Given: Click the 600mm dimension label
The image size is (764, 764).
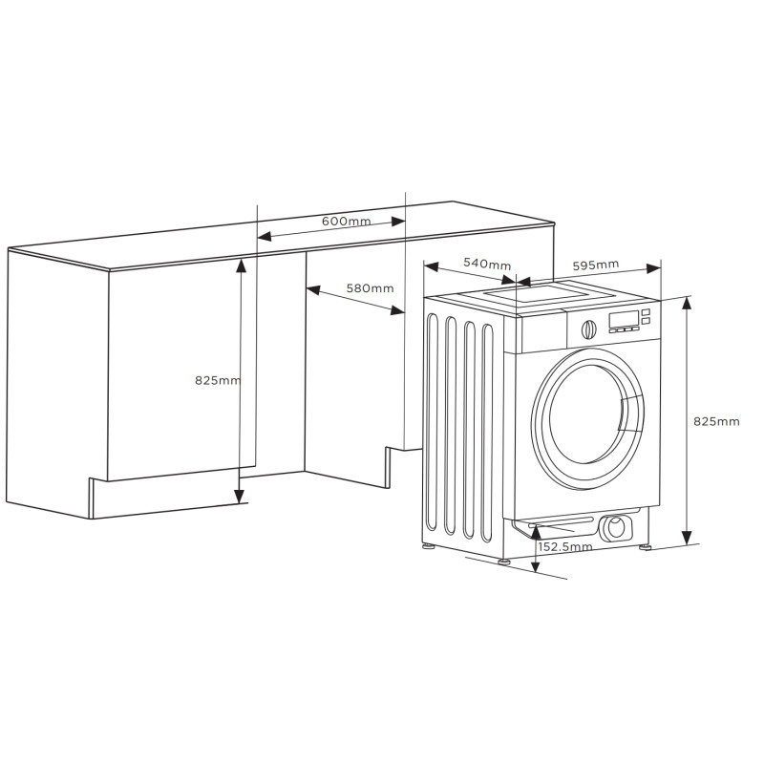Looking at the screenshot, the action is [x=347, y=222].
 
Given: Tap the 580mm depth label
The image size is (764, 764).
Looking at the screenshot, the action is [x=370, y=288].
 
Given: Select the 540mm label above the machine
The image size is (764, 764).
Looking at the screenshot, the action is [x=487, y=264].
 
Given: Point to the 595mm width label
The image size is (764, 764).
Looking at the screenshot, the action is [x=595, y=265].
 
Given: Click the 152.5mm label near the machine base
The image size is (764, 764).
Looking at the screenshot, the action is [x=565, y=546].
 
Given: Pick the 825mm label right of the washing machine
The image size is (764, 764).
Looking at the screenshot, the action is [x=716, y=421].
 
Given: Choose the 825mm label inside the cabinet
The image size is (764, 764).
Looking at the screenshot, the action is [x=218, y=380].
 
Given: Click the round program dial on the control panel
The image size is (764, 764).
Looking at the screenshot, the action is [x=588, y=329].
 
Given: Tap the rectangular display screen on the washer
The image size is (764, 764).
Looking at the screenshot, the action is [x=624, y=320].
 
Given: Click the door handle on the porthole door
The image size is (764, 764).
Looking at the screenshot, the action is [x=631, y=414].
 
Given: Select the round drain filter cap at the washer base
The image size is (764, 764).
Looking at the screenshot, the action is [x=615, y=528].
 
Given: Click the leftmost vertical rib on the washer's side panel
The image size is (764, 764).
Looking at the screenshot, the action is [x=432, y=422].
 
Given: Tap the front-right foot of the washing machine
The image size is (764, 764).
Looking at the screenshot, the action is [x=646, y=546].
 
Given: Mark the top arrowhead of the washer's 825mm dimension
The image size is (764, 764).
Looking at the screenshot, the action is [x=687, y=303].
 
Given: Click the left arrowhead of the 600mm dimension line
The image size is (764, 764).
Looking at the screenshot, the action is [x=264, y=237].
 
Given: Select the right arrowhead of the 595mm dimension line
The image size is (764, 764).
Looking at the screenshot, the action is [x=653, y=268].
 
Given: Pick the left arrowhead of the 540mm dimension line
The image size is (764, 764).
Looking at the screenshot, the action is [x=432, y=266].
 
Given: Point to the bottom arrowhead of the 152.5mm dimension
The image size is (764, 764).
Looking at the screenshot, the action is [x=536, y=565].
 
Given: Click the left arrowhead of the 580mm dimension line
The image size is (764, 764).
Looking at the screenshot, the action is [x=313, y=290].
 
